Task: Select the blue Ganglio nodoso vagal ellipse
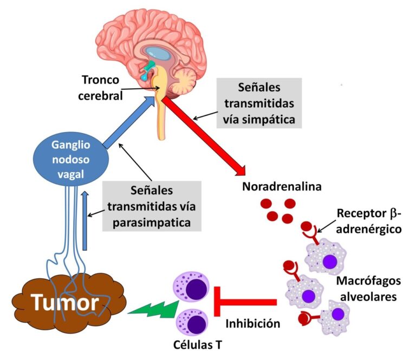tap(69, 158)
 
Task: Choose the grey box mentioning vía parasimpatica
tap(151, 206)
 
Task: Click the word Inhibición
tap(252, 324)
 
